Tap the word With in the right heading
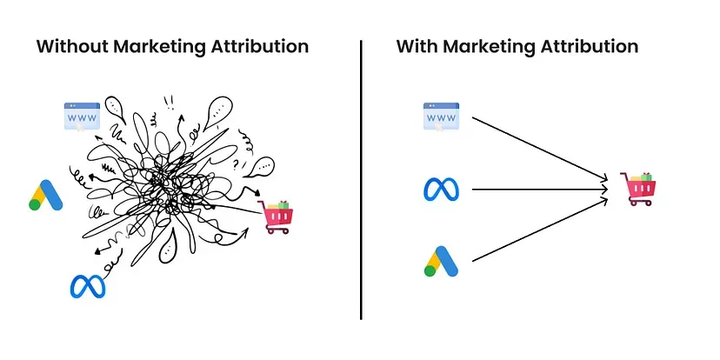click(x=416, y=47)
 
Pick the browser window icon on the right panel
click(x=440, y=117)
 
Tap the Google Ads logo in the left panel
click(x=46, y=197)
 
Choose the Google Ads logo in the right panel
click(x=440, y=260)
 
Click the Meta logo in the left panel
click(x=87, y=285)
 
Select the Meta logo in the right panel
click(x=440, y=189)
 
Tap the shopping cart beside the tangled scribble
click(x=277, y=217)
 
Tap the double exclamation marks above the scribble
click(x=168, y=101)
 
